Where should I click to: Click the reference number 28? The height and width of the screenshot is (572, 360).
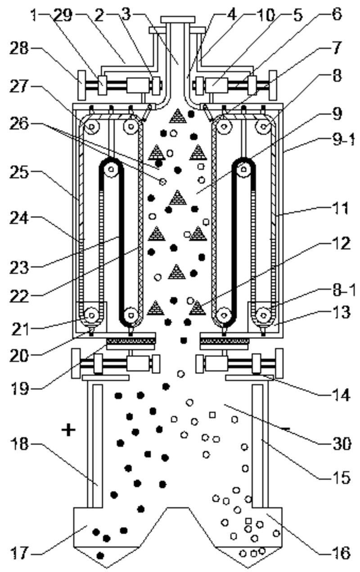(18, 48)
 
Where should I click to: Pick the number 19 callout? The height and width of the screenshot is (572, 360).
(18, 389)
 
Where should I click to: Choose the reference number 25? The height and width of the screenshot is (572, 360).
(18, 173)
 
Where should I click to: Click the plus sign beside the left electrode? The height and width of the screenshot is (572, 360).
(68, 429)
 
